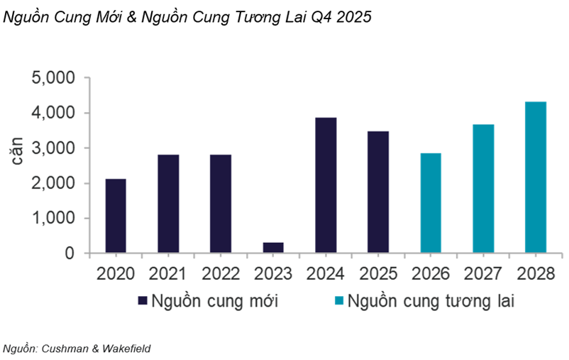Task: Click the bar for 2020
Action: coord(116,216)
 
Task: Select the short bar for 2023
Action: coord(273,248)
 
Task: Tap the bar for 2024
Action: coord(326,185)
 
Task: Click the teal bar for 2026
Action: coord(431,203)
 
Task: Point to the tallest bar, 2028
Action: coord(536,178)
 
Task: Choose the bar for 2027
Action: coord(483,189)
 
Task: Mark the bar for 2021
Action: coord(168,204)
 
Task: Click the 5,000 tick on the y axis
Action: coord(55,78)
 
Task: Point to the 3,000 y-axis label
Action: coord(55,148)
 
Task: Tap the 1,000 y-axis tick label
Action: coord(55,219)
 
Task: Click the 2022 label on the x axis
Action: coord(221,273)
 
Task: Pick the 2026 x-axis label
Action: coord(431,273)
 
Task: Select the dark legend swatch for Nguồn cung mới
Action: coord(141,301)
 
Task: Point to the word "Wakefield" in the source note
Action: coord(128,348)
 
